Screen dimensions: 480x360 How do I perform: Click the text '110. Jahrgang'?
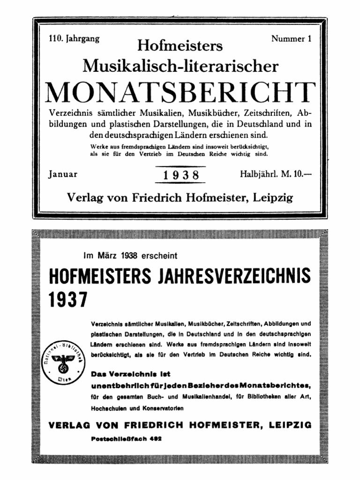74,39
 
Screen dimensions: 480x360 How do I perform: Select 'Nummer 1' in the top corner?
291,39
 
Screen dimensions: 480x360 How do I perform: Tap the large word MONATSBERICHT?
180,92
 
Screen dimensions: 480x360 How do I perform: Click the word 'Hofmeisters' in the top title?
180,46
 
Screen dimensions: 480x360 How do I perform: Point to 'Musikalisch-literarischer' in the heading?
180,66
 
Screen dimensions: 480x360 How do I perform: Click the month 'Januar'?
63,174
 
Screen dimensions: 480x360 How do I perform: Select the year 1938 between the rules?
180,175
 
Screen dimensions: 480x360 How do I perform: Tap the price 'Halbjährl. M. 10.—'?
276,174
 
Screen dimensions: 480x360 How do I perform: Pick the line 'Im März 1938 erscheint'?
131,256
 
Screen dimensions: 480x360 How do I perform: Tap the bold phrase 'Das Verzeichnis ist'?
130,374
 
